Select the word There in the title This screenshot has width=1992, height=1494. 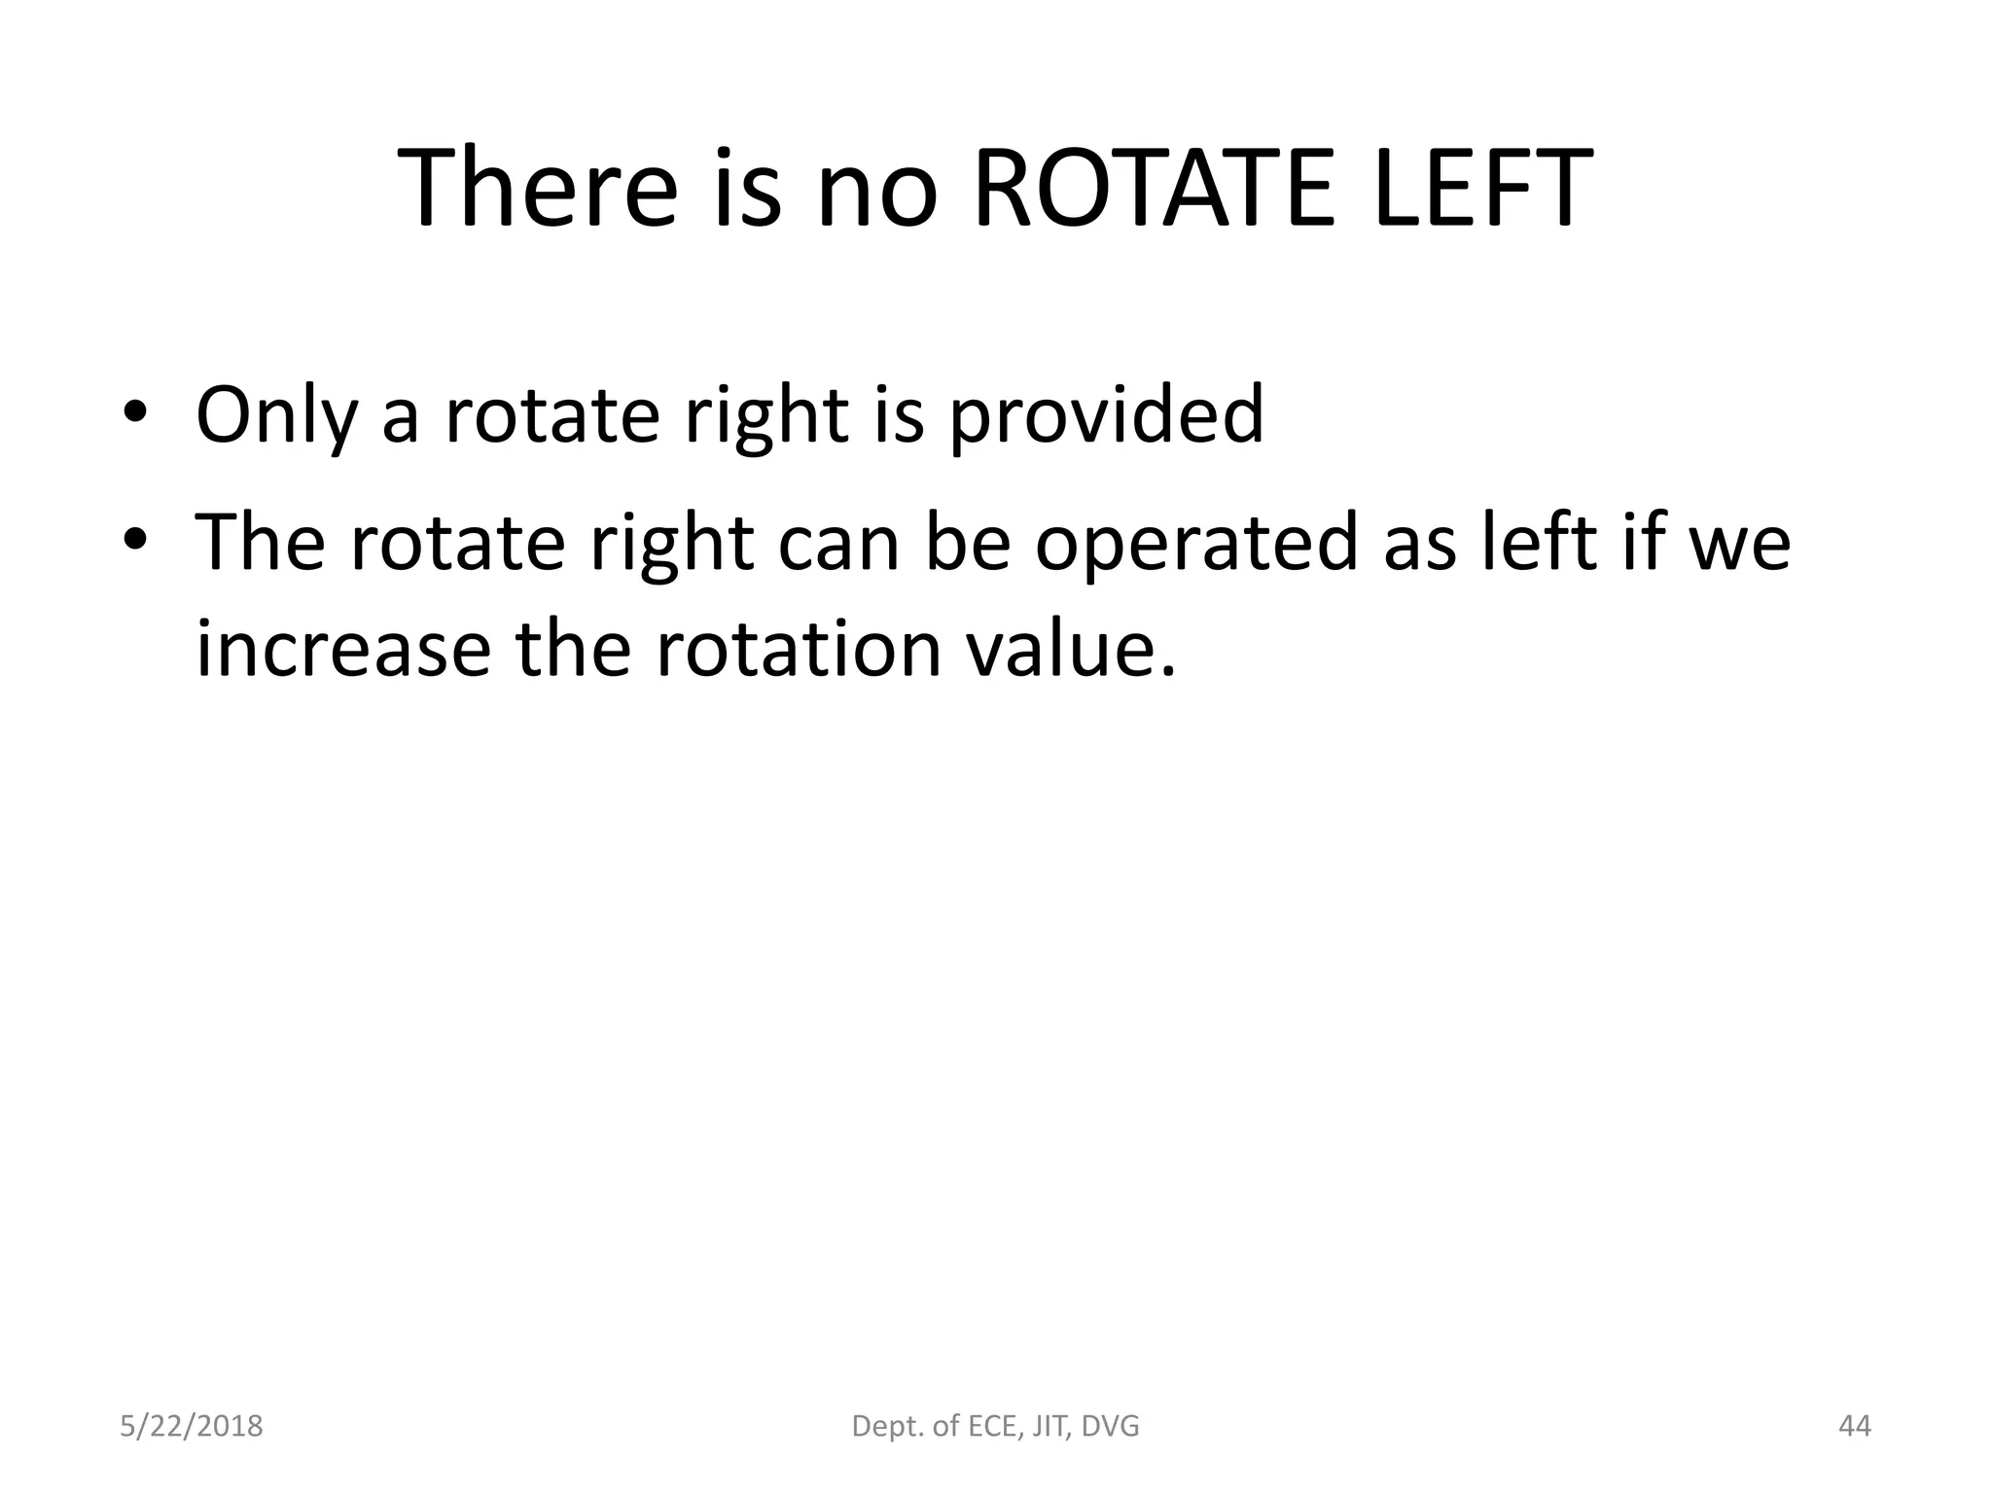pos(538,189)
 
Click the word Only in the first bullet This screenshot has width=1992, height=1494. pos(276,416)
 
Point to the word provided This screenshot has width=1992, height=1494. pos(1106,416)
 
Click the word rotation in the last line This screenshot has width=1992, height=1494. pos(799,649)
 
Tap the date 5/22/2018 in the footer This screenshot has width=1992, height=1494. pos(192,1427)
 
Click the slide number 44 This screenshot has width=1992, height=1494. pos(1855,1427)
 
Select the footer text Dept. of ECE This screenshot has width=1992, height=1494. pos(934,1427)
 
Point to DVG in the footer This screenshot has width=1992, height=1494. pos(1110,1427)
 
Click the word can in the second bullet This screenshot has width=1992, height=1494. pos(838,543)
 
